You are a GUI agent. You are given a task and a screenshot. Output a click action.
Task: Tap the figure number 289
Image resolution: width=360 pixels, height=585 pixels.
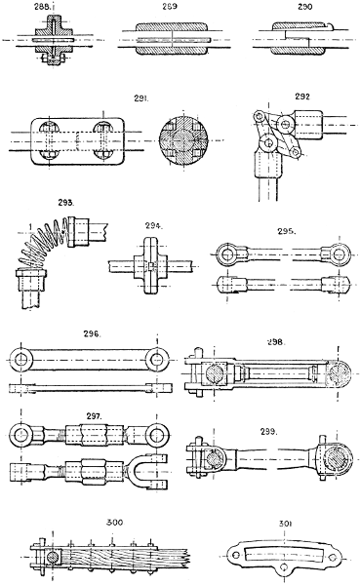(169, 7)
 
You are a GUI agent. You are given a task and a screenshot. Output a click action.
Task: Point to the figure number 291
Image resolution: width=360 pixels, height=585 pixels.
(150, 97)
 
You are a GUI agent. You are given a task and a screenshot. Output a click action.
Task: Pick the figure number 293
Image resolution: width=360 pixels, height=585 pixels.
(39, 203)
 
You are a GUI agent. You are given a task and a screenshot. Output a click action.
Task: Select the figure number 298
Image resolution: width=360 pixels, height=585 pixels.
(276, 343)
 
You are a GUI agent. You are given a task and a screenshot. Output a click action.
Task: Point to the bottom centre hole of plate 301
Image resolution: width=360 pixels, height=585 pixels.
(284, 570)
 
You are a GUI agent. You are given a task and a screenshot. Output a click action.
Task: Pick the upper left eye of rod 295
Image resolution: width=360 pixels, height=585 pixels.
(226, 255)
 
